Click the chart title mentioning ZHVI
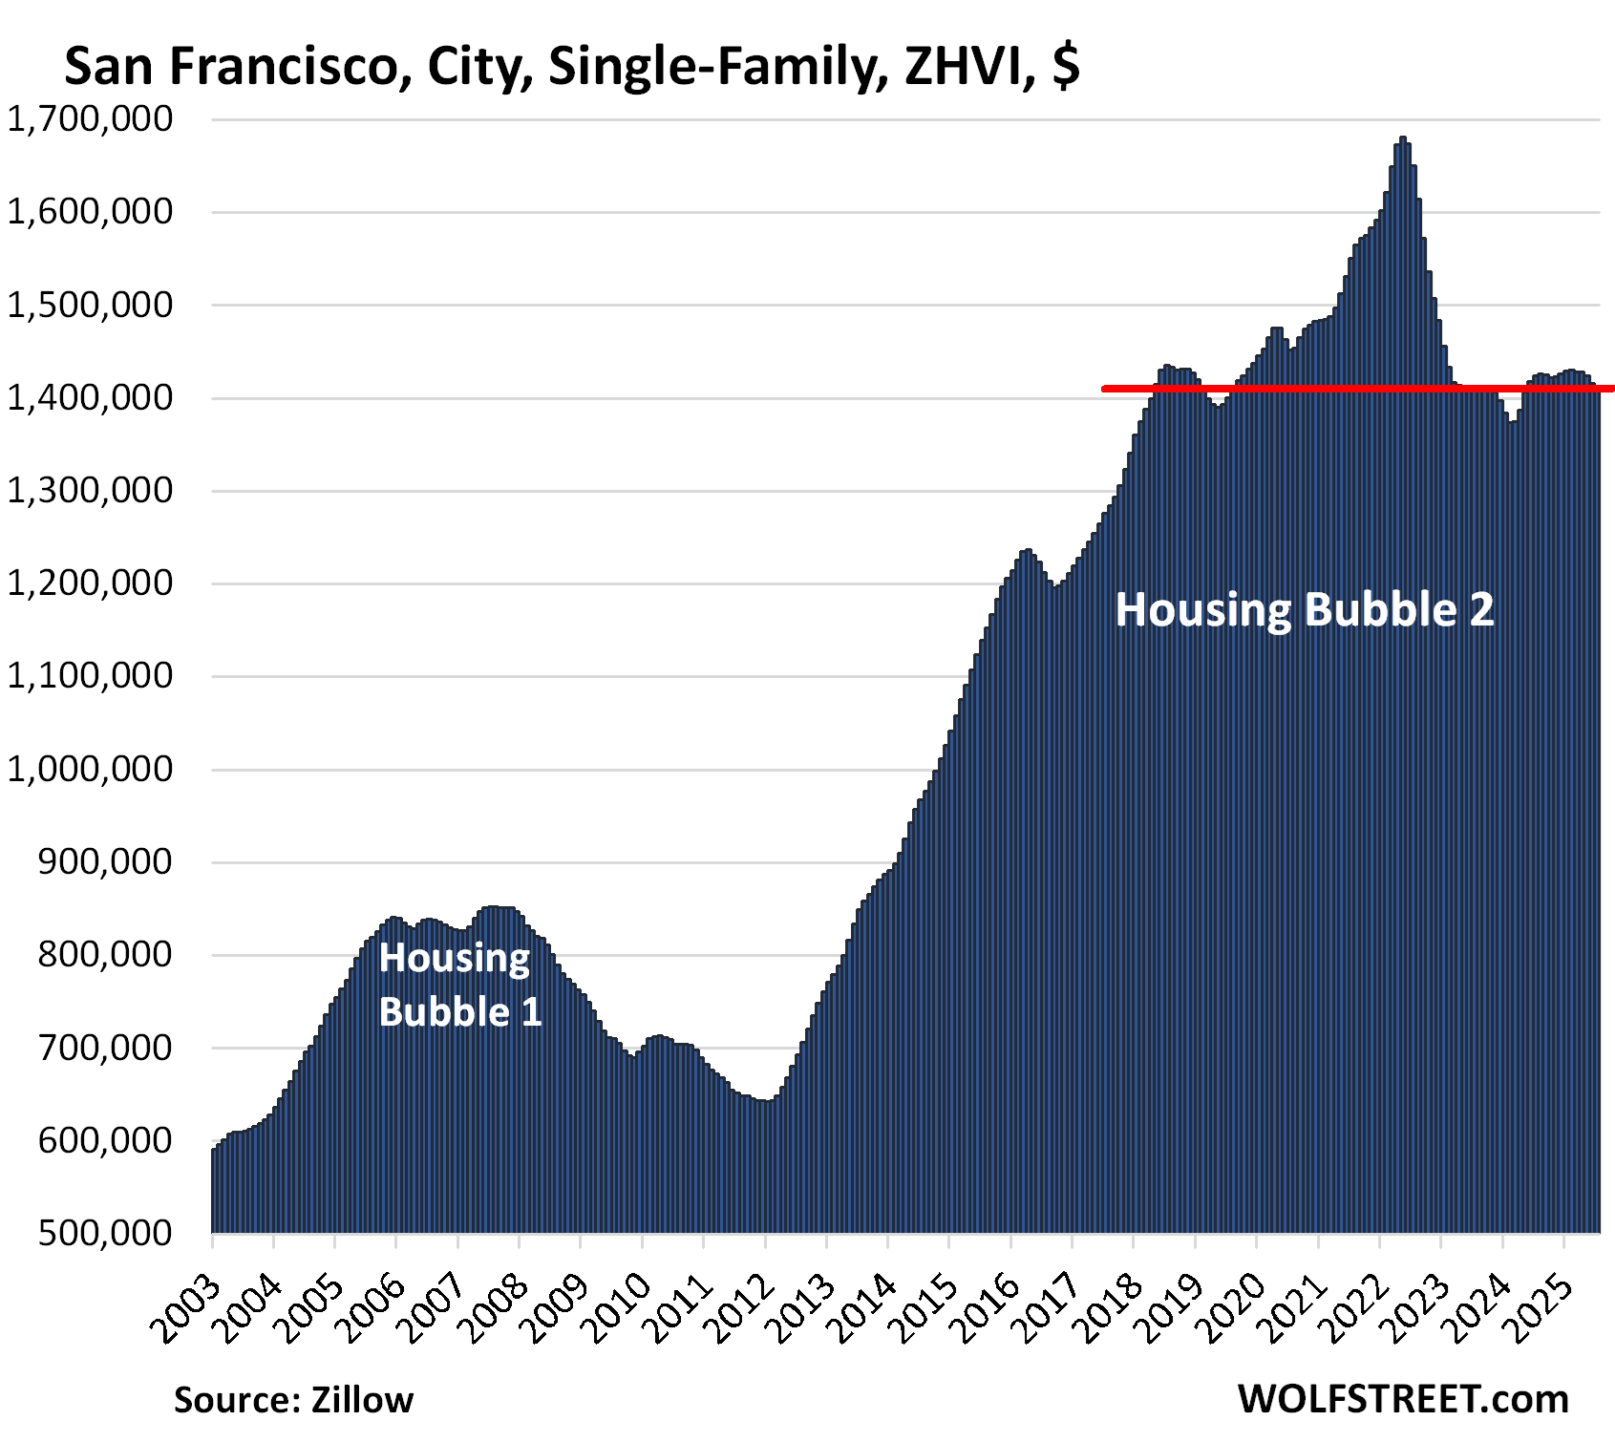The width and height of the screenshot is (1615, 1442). tap(571, 67)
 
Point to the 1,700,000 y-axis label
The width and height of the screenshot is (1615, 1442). tap(91, 119)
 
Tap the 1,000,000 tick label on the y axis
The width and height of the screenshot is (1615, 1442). tap(91, 769)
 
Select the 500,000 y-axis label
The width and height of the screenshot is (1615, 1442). tap(105, 1233)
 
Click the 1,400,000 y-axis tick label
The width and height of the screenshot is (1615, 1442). tap(91, 397)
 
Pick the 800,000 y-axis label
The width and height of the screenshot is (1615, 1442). tap(105, 954)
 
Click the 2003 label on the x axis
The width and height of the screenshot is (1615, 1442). tap(188, 1307)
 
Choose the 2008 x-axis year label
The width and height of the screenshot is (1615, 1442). tap(496, 1307)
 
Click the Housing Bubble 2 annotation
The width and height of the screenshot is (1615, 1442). tap(1304, 609)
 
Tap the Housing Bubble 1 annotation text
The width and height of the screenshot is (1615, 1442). tap(459, 985)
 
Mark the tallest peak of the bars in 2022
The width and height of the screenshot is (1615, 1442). tap(1402, 139)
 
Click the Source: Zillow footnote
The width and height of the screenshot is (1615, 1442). tap(293, 1400)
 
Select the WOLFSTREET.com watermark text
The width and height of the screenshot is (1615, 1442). tap(1403, 1399)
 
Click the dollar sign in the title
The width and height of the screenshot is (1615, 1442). tap(1066, 67)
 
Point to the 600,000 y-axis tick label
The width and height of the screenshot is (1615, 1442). tap(105, 1140)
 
